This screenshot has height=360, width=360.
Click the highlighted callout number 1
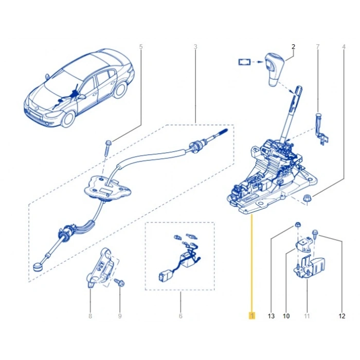click(252, 316)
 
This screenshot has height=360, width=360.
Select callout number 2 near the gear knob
click(293, 47)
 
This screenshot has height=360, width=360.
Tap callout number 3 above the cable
click(195, 47)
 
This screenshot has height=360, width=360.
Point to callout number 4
click(344, 47)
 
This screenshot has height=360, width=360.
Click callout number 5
click(141, 47)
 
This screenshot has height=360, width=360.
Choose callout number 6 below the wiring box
click(181, 316)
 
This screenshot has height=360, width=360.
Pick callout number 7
click(318, 47)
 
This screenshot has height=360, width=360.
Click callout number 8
click(90, 316)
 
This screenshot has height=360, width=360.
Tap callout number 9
click(120, 316)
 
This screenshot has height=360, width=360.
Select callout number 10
click(286, 316)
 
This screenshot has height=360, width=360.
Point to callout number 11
click(307, 316)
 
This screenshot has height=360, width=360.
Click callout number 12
click(342, 316)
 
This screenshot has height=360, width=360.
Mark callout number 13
click(271, 316)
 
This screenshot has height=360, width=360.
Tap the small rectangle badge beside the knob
click(244, 62)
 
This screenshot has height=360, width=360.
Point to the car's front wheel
click(68, 120)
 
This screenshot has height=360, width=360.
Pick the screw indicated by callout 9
click(120, 282)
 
